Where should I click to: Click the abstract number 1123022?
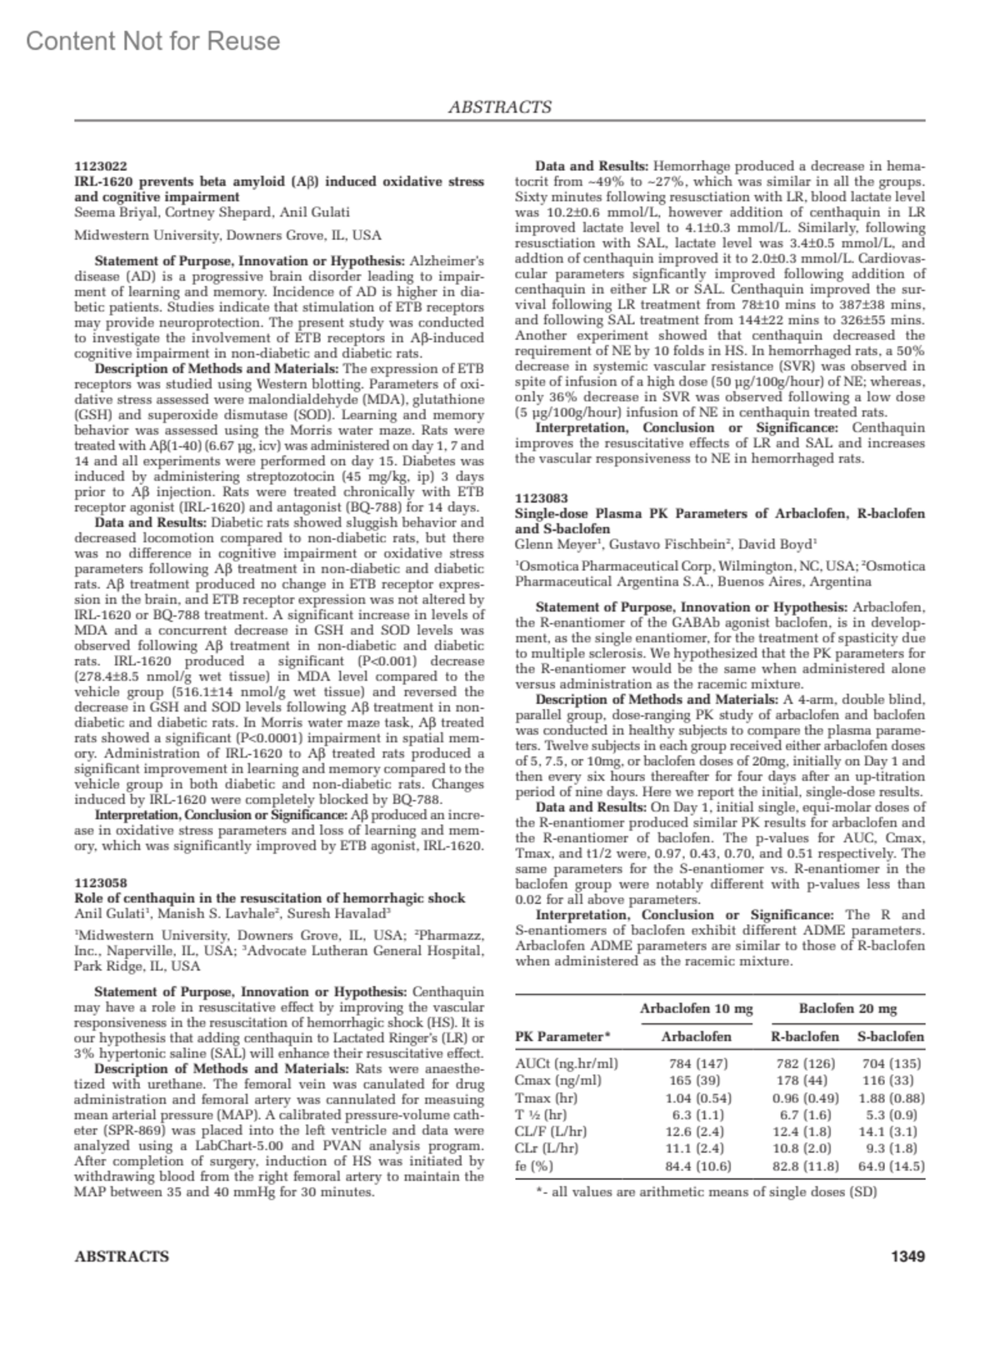[x=101, y=167]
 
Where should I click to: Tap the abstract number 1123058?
[x=101, y=882]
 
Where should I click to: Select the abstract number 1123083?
[x=542, y=498]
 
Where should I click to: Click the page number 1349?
[x=907, y=1256]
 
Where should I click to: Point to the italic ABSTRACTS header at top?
[x=500, y=107]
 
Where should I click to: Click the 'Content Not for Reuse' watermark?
[x=153, y=41]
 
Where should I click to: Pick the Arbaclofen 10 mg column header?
[x=696, y=1008]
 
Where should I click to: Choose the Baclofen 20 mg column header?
[x=847, y=1008]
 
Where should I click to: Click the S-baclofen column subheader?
[x=891, y=1037]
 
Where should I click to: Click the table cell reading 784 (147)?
[x=698, y=1063]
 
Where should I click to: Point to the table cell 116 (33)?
[x=891, y=1080]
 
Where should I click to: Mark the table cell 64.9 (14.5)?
[x=891, y=1166]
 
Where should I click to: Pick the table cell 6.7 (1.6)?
[x=805, y=1114]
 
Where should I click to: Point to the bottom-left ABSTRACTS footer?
[x=122, y=1256]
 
